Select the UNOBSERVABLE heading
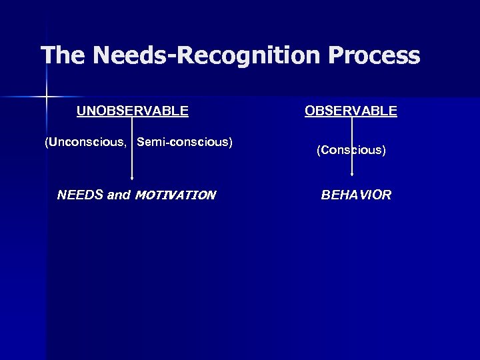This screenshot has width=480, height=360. (x=132, y=111)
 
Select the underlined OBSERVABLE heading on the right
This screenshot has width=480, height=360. (x=351, y=111)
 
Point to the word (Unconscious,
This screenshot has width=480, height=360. (x=87, y=142)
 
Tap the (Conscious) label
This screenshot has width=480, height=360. (x=351, y=151)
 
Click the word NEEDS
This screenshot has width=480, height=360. (x=79, y=195)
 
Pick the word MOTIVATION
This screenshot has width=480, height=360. (x=175, y=195)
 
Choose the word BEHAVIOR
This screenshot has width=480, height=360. (x=356, y=195)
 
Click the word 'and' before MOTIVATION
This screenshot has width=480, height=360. (x=119, y=195)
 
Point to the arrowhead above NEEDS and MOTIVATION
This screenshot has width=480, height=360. (x=133, y=179)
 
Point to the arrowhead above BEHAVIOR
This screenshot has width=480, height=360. (x=351, y=179)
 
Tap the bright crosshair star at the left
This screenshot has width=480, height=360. (x=46, y=97)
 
